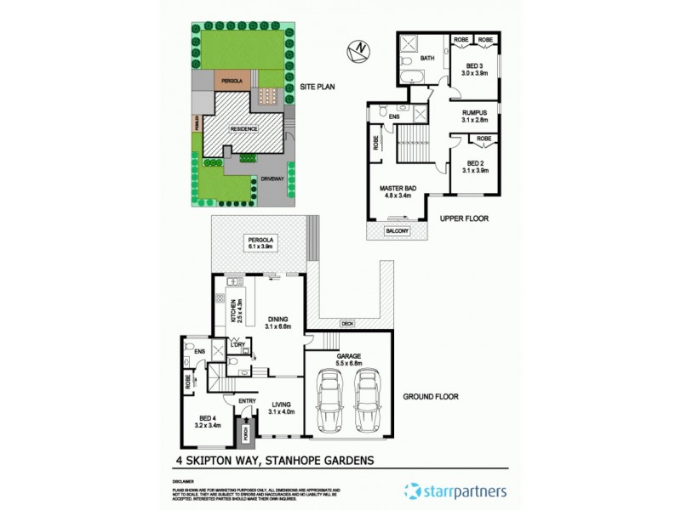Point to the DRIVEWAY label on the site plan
pos(272,179)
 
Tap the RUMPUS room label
pos(474,116)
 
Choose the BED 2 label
pos(474,167)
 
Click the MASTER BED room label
pos(396,191)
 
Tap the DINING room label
pos(277,322)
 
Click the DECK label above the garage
pos(346,323)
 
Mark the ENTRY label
pos(248,401)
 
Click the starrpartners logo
pos(456,490)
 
